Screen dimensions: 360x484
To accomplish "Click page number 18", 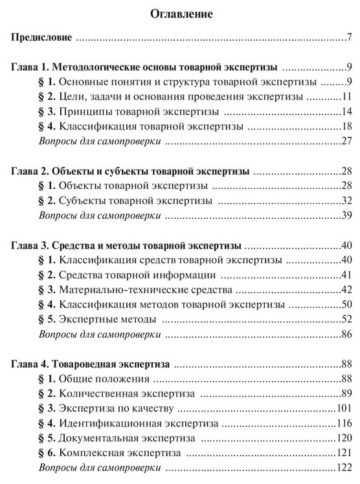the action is (x=346, y=126).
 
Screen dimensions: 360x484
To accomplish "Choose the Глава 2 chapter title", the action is (x=131, y=172).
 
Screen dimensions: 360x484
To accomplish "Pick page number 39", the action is (x=346, y=215).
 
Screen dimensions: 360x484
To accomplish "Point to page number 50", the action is (x=346, y=303).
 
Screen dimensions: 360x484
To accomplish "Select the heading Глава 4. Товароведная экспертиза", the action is (x=90, y=365).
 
